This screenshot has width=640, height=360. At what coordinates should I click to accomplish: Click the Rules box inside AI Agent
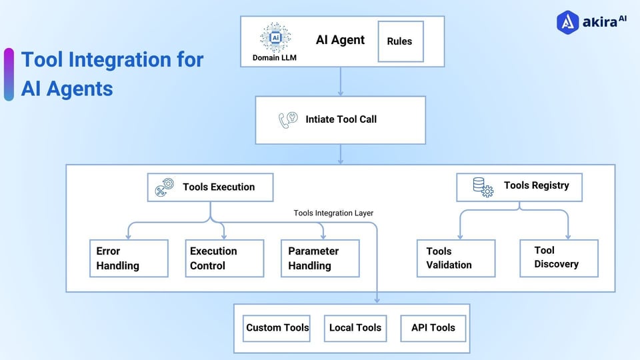point(400,41)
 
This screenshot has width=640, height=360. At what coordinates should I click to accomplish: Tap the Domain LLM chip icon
point(275,38)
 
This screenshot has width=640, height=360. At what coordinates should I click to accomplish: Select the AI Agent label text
point(340,40)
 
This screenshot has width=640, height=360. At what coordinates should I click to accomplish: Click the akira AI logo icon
point(566,22)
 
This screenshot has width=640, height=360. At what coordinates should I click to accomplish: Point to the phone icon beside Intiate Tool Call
point(288,120)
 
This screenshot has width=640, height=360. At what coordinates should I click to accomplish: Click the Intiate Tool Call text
point(341,120)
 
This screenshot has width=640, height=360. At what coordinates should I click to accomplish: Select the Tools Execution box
point(210,187)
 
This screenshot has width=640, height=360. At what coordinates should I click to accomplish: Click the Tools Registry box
point(519,187)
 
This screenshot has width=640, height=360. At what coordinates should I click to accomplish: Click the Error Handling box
point(129,258)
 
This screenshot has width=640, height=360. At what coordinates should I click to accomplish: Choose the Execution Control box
point(224,258)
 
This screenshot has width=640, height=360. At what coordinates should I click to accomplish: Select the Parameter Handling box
point(320,258)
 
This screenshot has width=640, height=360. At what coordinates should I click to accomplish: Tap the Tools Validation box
point(456,258)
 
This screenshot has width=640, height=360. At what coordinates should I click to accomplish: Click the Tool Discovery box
point(559,257)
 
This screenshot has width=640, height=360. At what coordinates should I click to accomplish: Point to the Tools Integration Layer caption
point(333,213)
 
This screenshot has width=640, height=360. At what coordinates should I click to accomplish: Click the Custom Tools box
point(277,328)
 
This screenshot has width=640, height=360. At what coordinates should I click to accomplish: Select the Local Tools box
point(355,328)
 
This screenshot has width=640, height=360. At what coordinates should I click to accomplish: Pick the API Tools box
point(433,328)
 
